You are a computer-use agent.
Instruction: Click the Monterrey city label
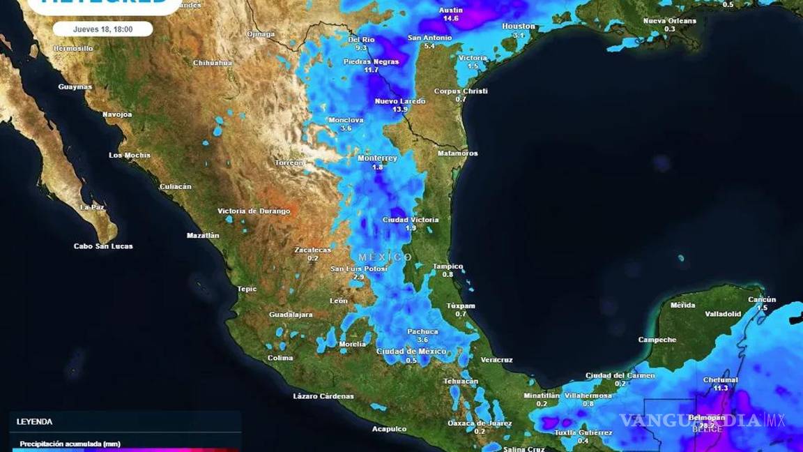pyautogui.click(x=377, y=158)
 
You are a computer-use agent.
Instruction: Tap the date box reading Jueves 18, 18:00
pyautogui.click(x=102, y=29)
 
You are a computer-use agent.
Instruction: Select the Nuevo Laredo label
pyautogui.click(x=399, y=101)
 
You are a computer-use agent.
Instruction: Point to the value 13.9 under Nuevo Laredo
pyautogui.click(x=400, y=110)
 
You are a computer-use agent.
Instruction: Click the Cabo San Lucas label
pyautogui.click(x=103, y=246)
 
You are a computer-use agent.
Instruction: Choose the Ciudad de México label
pyautogui.click(x=411, y=352)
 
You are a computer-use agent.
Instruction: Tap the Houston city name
pyautogui.click(x=519, y=27)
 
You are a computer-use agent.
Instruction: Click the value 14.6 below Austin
pyautogui.click(x=451, y=18)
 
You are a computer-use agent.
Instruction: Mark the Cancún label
pyautogui.click(x=762, y=299)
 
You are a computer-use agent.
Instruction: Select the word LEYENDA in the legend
pyautogui.click(x=35, y=422)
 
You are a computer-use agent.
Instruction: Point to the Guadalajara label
pyautogui.click(x=291, y=315)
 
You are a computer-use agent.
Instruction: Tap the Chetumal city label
pyautogui.click(x=720, y=380)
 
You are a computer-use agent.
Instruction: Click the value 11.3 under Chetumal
pyautogui.click(x=721, y=389)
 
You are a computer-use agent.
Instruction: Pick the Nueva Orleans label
pyautogui.click(x=669, y=21)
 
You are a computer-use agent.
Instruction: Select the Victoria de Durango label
pyautogui.click(x=254, y=211)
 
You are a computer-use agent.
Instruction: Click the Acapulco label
pyautogui.click(x=390, y=429)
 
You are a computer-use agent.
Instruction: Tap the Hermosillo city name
pyautogui.click(x=73, y=49)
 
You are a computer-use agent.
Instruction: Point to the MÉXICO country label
pyautogui.click(x=385, y=257)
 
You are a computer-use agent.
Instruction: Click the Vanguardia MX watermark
pyautogui.click(x=702, y=420)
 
